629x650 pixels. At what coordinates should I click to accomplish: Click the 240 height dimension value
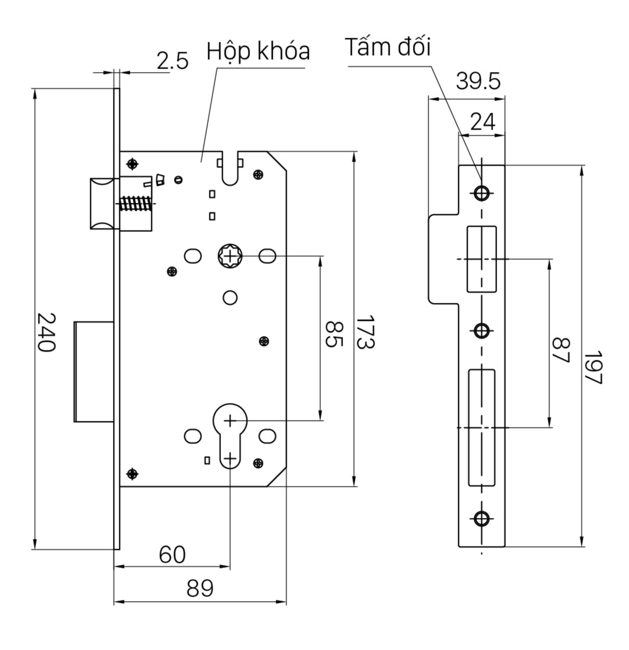46,332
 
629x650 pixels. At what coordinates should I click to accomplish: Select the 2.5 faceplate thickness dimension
173,61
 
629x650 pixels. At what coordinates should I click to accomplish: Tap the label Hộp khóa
258,52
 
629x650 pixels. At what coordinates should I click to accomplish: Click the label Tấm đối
388,48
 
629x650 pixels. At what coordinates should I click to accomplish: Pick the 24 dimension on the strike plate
482,122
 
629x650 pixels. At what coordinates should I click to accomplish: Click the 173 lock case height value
365,333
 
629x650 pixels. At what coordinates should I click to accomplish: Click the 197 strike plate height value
593,367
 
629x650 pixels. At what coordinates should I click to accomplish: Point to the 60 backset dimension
172,555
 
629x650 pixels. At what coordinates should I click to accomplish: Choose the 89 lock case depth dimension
200,589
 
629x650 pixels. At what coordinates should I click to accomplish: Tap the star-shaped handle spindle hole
230,255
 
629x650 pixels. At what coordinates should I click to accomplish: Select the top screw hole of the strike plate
481,192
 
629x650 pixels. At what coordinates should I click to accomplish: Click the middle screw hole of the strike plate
481,331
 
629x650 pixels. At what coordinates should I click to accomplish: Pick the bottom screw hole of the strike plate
481,518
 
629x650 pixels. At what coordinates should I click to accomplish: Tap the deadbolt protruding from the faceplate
94,370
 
